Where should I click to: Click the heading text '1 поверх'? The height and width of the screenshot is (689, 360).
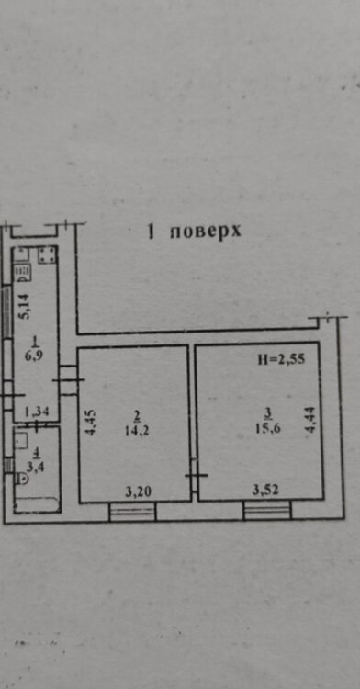coord(195,232)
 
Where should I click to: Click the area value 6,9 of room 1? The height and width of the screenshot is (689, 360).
coord(36,354)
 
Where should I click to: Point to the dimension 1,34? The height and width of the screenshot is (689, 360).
coord(37,412)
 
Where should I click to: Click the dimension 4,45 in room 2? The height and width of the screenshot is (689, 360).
coord(90,423)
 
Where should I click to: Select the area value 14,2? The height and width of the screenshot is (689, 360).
coord(137,431)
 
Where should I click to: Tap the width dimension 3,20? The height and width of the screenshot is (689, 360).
coord(138,491)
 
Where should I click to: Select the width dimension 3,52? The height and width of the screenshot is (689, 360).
coord(265,490)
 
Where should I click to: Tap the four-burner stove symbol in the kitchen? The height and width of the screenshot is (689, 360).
coord(47,254)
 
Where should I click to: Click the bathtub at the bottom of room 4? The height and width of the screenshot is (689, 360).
coord(37,505)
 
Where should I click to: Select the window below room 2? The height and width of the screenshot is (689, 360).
coord(132,512)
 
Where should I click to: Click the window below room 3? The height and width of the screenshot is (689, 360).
coord(267,511)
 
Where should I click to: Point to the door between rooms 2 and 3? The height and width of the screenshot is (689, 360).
coord(194,476)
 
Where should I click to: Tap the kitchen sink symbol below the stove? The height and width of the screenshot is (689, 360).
coord(23,274)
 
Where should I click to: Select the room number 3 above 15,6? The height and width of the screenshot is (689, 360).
coord(268,413)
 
